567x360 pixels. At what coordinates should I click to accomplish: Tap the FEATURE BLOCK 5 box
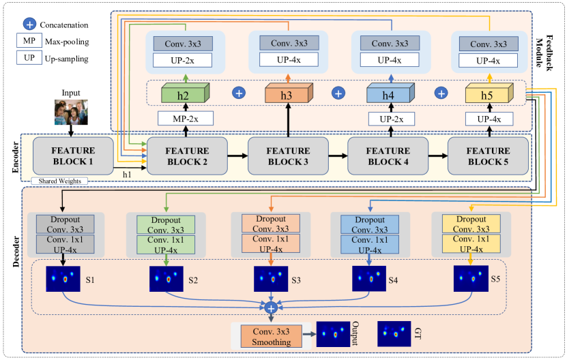(488, 155)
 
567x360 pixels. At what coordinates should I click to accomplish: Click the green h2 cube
(180, 95)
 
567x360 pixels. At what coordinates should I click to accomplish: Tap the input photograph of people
(71, 112)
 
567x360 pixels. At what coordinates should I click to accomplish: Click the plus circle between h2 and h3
(239, 92)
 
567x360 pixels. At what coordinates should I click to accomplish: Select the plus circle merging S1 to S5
(270, 309)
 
